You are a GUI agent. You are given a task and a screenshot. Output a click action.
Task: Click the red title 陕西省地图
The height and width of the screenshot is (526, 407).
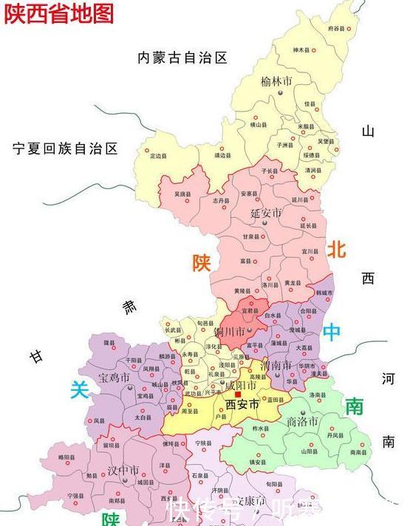point(60,13)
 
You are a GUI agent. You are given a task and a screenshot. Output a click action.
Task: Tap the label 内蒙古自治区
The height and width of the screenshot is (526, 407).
point(182,58)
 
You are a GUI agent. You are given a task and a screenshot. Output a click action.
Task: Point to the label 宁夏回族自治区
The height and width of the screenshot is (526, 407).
point(65,148)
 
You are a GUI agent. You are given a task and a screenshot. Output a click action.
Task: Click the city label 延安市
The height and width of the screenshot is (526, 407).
point(266,213)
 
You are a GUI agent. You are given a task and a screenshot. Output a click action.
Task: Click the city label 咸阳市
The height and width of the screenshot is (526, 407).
point(241,386)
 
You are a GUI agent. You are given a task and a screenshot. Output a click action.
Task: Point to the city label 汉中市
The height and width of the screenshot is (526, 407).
point(123,470)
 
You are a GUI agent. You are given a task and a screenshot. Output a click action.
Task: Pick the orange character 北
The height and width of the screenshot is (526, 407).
point(337,250)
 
